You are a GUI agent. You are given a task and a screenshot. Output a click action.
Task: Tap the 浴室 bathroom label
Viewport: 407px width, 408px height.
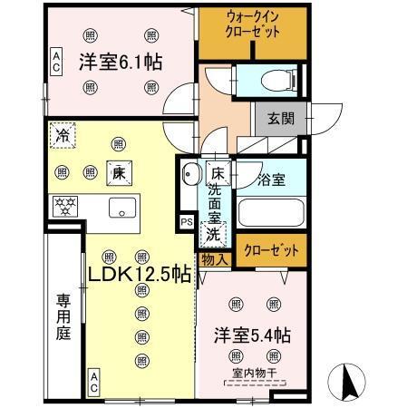(x=271, y=180)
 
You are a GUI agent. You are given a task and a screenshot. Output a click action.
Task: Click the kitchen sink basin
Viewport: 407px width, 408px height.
(x=122, y=207)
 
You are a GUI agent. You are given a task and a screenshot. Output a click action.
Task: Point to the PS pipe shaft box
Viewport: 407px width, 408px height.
(x=186, y=221)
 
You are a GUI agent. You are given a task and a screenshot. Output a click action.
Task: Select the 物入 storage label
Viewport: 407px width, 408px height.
(x=214, y=259)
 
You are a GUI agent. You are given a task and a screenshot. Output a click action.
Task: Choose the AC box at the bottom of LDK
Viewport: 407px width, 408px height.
(x=94, y=382)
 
